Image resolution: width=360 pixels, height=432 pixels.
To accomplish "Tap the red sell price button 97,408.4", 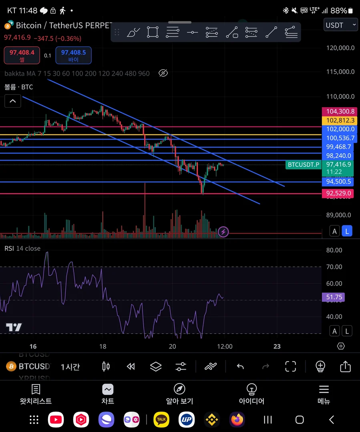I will pos(22,55).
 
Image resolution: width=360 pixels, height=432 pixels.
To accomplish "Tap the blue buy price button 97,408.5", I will pos(74,55).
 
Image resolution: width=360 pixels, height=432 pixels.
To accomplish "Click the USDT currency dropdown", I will pos(340,25).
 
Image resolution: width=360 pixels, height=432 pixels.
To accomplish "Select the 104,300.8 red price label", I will pos(338,112).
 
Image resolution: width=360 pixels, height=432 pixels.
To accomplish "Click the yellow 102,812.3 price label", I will pos(338,120).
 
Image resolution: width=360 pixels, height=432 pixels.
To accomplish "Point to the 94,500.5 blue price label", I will pos(338,182).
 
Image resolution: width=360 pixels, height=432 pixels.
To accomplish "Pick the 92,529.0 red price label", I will pos(338,193).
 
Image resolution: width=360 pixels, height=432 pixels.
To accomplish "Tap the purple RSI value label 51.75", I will pos(333,297).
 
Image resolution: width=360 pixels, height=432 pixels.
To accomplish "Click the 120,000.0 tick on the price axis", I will pos(340,48).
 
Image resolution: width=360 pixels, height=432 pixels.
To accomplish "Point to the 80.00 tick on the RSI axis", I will pos(334,250).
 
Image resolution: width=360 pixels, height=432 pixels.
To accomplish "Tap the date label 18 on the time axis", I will pos(103,346).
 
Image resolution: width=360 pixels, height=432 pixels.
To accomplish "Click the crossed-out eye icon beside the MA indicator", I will pos(163,73).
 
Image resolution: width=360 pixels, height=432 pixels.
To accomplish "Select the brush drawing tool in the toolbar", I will pos(133,32).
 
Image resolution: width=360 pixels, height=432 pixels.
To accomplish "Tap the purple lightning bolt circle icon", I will pos(223,232).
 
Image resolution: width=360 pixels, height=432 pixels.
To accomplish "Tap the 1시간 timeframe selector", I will pos(70,366).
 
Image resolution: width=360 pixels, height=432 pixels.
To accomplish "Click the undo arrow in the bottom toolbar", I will pos(240,366).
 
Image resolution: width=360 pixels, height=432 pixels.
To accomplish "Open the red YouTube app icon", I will pos(56,420).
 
